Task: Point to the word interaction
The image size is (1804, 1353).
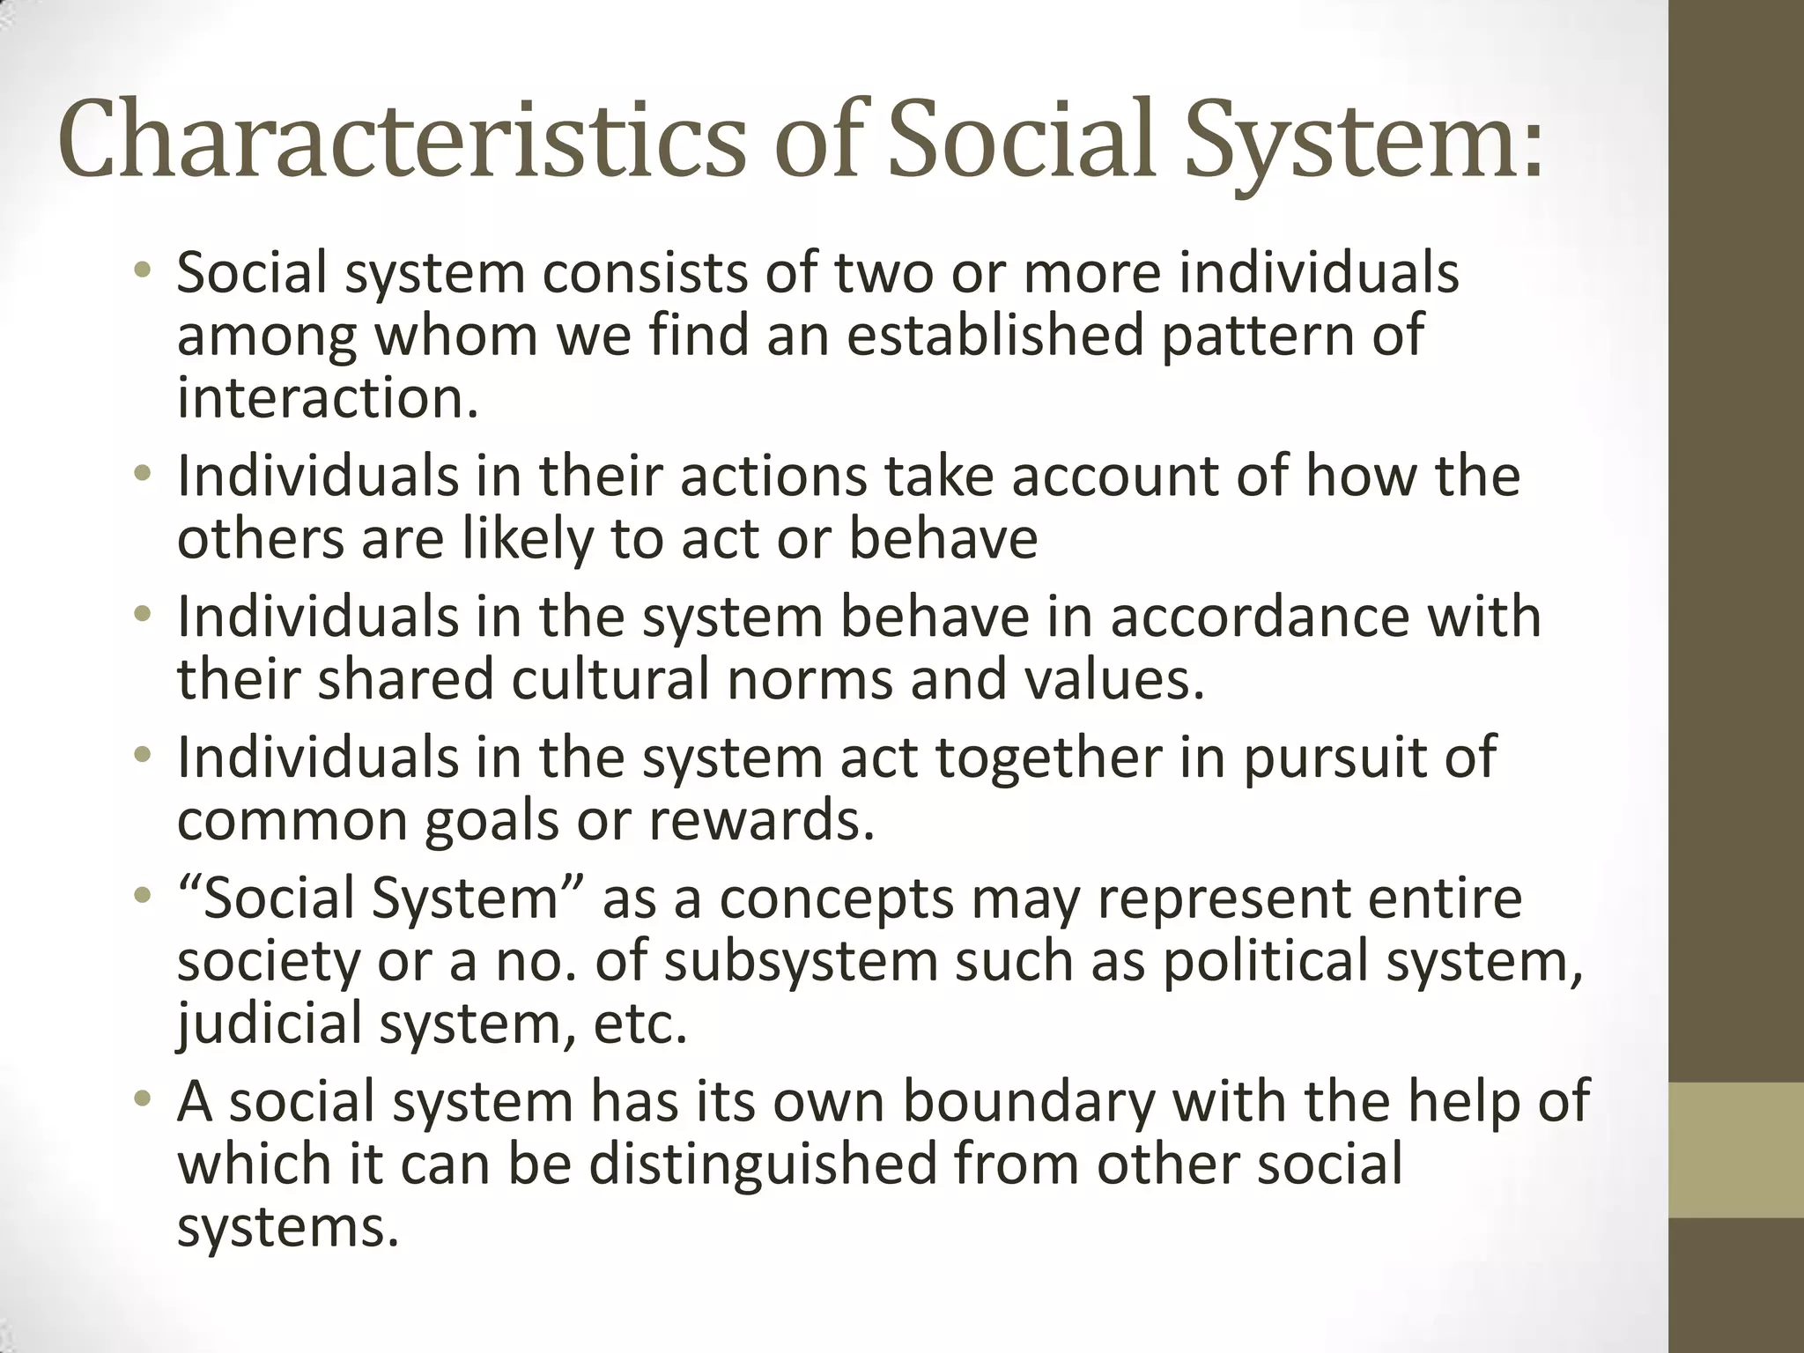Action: pyautogui.click(x=328, y=398)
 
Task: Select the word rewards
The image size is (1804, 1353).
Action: pyautogui.click(x=762, y=820)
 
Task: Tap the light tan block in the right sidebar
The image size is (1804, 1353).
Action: pyautogui.click(x=1736, y=1150)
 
